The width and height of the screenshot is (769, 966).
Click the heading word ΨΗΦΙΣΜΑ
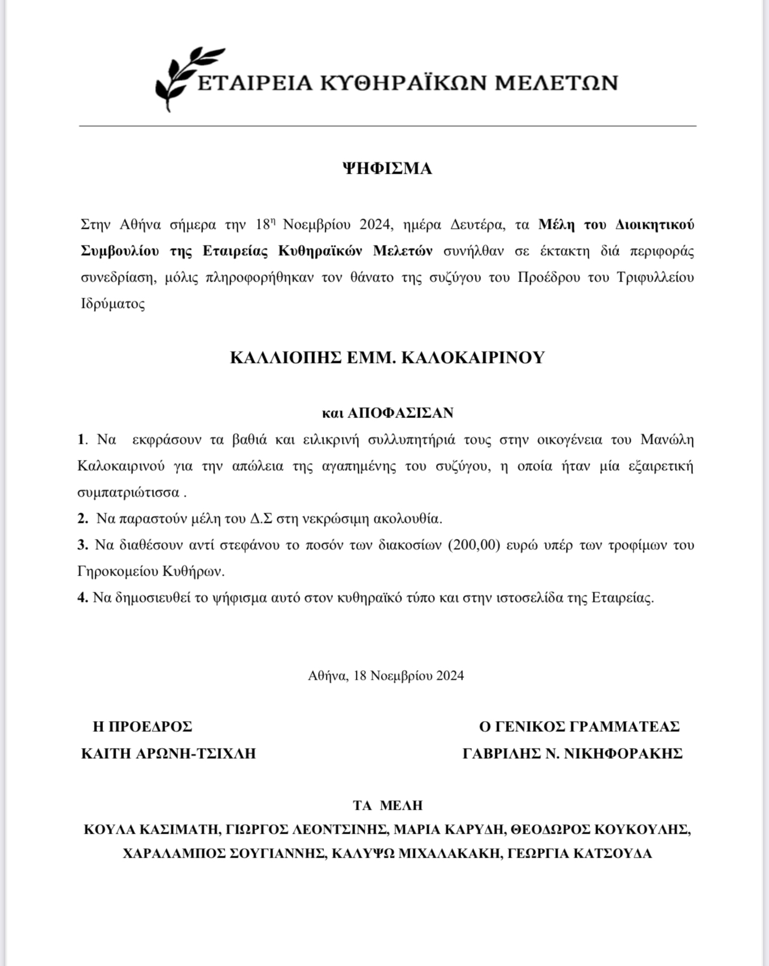point(387,169)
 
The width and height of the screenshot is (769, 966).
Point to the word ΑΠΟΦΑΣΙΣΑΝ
point(401,413)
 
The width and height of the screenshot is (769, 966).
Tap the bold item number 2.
point(82,519)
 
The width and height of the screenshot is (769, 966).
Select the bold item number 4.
point(82,598)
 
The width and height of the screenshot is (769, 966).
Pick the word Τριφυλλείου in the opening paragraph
point(655,278)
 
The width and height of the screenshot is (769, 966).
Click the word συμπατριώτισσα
point(128,493)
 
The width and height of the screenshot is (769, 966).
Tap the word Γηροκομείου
point(118,572)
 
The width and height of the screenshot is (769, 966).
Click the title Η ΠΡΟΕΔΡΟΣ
point(143,727)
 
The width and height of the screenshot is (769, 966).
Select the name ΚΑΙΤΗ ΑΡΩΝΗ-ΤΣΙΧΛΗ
point(168,753)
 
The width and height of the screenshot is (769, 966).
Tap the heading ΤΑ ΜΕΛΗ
point(387,806)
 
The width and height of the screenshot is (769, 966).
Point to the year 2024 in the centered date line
point(450,676)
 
